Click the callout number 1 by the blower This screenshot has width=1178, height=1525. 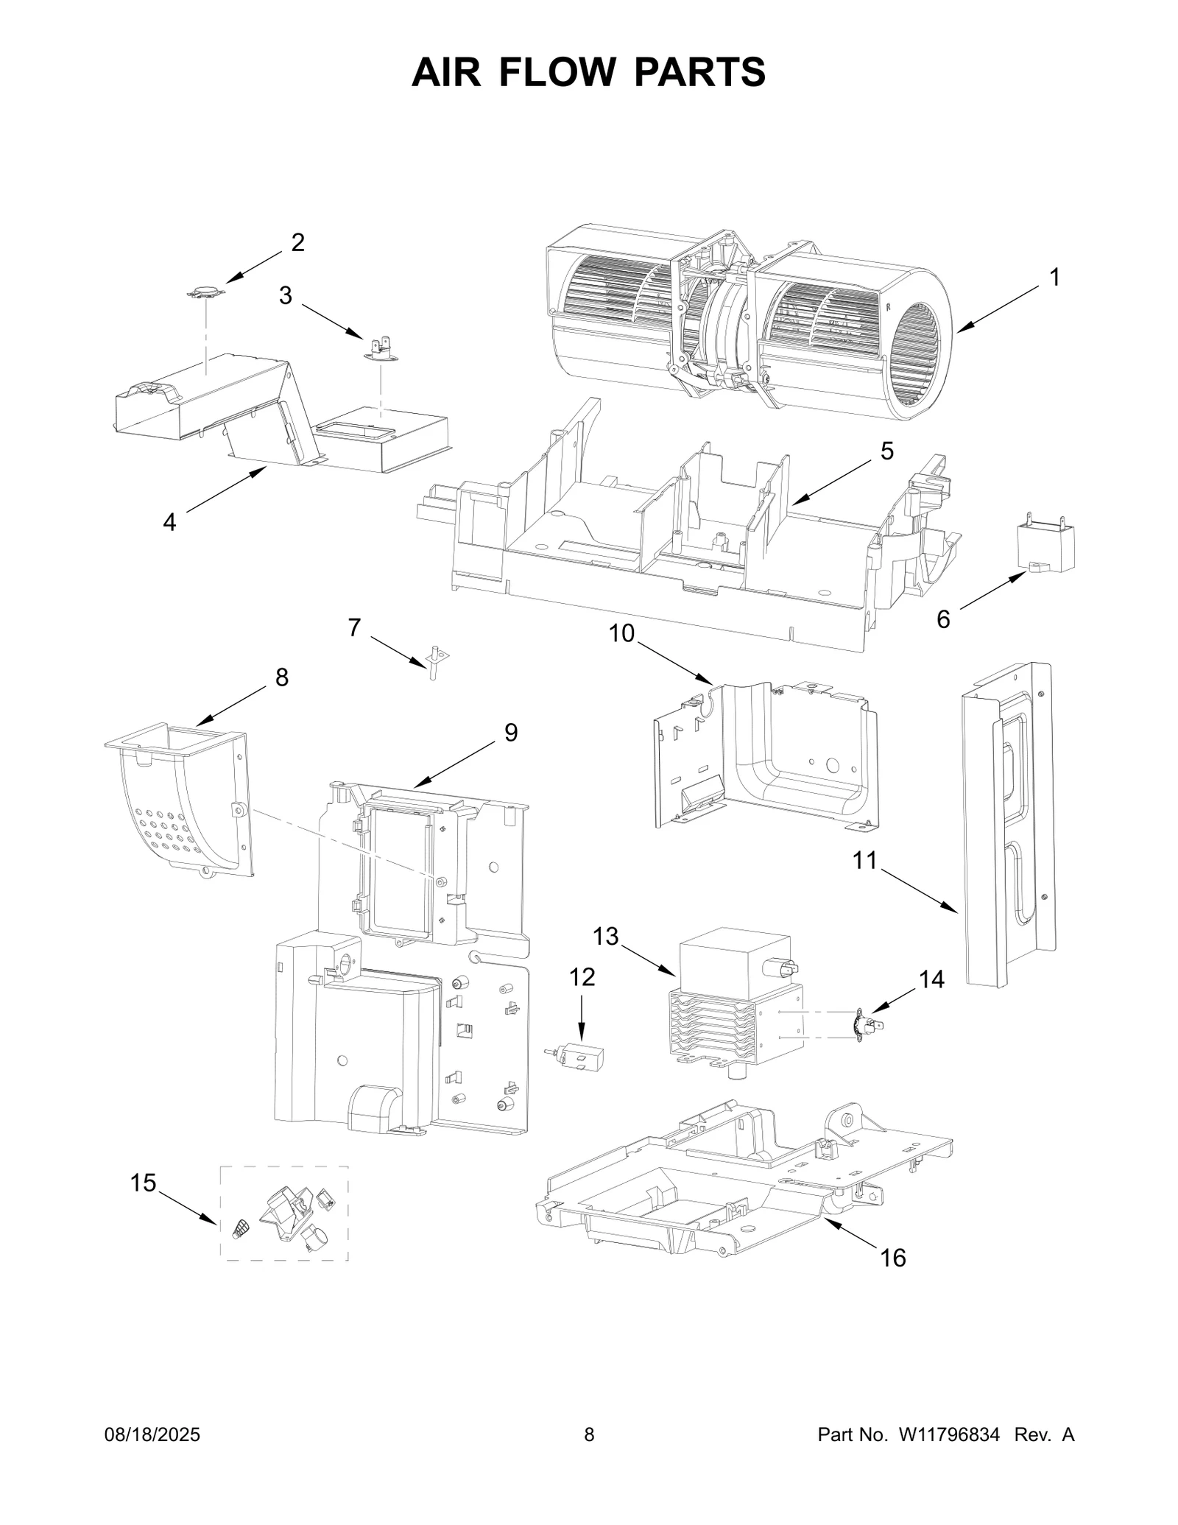coord(1054,278)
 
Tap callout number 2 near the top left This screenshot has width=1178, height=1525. coord(297,242)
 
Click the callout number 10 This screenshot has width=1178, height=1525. coord(622,633)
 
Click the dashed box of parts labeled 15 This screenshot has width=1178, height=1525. coord(285,1212)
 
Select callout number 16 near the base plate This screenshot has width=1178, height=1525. coord(892,1257)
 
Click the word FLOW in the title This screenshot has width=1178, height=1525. coord(564,72)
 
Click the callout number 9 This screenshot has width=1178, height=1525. coord(510,732)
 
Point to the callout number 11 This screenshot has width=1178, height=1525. coord(865,859)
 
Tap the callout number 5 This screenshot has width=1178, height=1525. coord(886,451)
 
